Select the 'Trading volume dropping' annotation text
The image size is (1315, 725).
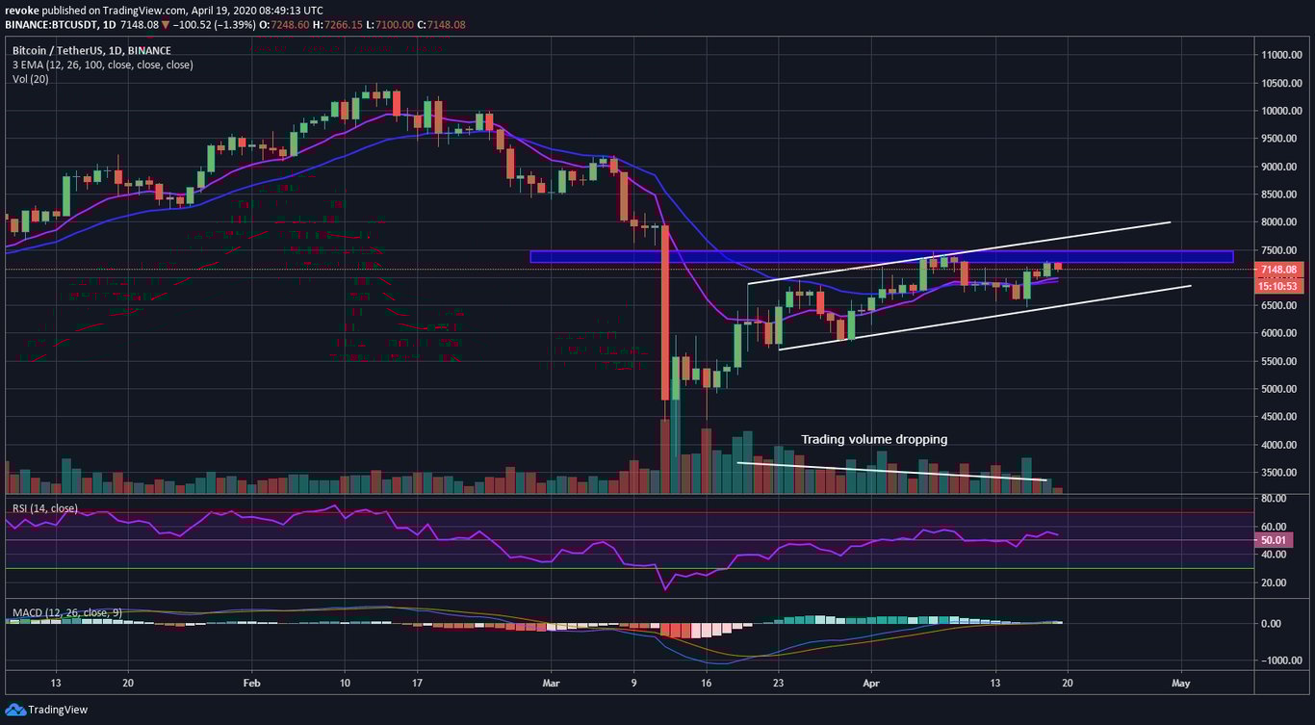point(874,439)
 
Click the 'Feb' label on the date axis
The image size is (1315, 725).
point(252,682)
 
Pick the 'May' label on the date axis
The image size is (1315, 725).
point(1181,682)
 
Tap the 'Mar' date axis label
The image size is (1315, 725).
point(550,682)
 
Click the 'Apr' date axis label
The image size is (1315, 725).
point(871,682)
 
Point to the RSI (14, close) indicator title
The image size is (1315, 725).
point(44,508)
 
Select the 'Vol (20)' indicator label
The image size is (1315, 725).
point(30,79)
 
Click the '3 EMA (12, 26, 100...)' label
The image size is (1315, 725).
point(102,65)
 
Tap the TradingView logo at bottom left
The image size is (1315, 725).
point(48,710)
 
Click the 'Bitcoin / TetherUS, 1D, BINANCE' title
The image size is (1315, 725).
point(91,50)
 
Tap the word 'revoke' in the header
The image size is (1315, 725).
point(22,9)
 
